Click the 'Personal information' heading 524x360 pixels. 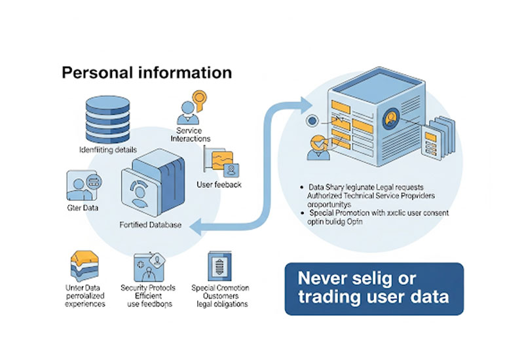(x=147, y=72)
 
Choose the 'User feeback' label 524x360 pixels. (x=219, y=185)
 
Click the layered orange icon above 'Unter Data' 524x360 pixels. (x=84, y=267)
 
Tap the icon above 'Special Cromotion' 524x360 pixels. (x=219, y=266)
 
